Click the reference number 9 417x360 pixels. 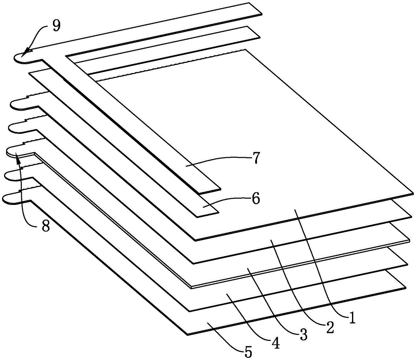(x=56, y=26)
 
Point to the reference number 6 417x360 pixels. (x=256, y=198)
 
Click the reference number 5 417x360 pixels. (x=247, y=352)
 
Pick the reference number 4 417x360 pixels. (x=276, y=343)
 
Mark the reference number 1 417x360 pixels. (x=352, y=318)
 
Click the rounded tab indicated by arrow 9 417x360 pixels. (x=21, y=57)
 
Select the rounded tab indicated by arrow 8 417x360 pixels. (x=16, y=152)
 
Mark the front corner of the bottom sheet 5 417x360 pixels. (x=188, y=335)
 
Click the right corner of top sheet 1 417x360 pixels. (x=414, y=192)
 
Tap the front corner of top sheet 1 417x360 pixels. (x=196, y=240)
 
